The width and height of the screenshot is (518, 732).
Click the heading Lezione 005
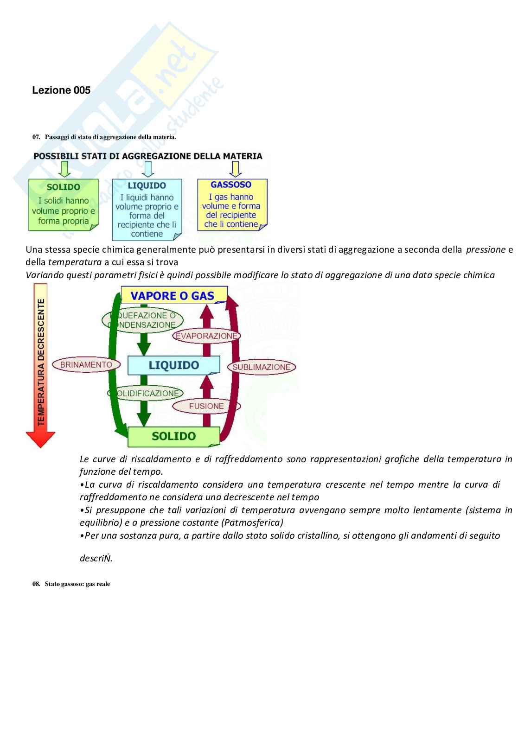click(x=61, y=90)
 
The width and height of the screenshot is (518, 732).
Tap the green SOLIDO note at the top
click(x=64, y=204)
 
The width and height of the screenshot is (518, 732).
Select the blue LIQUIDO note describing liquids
click(x=147, y=210)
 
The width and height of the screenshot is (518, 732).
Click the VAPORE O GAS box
click(x=173, y=296)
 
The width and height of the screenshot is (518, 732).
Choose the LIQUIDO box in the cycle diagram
click(x=173, y=365)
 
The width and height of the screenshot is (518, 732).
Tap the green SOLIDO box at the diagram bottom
click(x=173, y=436)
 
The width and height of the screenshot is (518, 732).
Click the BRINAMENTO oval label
click(x=86, y=365)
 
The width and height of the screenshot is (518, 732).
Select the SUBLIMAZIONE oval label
click(x=262, y=367)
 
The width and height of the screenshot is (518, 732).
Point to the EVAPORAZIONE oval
click(x=206, y=336)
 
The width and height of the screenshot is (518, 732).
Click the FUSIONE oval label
click(x=206, y=406)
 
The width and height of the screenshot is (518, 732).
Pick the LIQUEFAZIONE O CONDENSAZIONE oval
click(x=143, y=320)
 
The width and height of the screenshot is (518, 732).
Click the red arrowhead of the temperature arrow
click(x=40, y=439)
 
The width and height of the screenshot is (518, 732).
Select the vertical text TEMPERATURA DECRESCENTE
click(x=41, y=362)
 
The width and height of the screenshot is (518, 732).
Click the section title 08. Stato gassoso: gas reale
click(x=71, y=584)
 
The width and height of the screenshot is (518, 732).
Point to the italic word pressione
click(x=485, y=249)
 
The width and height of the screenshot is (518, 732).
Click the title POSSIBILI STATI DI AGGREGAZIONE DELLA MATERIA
click(x=148, y=156)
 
